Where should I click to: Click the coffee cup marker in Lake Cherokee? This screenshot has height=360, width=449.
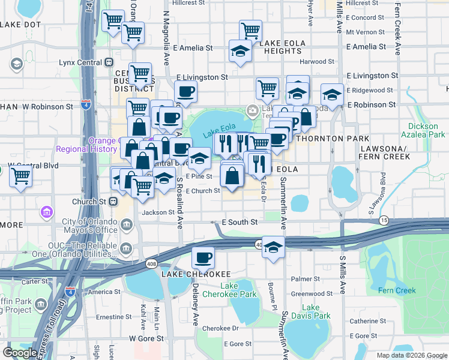click(203, 257)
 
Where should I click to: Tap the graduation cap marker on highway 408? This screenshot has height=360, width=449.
click(273, 247)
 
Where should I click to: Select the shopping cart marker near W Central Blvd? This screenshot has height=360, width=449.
click(20, 176)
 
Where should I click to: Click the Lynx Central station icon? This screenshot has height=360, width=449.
click(109, 62)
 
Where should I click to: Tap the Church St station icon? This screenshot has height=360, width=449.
click(111, 202)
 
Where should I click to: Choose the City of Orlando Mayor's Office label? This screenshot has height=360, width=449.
click(90, 226)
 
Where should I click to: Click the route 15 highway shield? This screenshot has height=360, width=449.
click(384, 221)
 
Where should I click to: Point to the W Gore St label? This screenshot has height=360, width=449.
click(146, 338)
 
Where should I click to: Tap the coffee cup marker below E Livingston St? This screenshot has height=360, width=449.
click(185, 92)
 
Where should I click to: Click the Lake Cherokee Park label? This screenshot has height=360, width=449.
click(238, 290)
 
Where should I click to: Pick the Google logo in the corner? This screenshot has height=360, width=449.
click(20, 353)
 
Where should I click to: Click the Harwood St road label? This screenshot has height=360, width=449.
click(318, 61)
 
